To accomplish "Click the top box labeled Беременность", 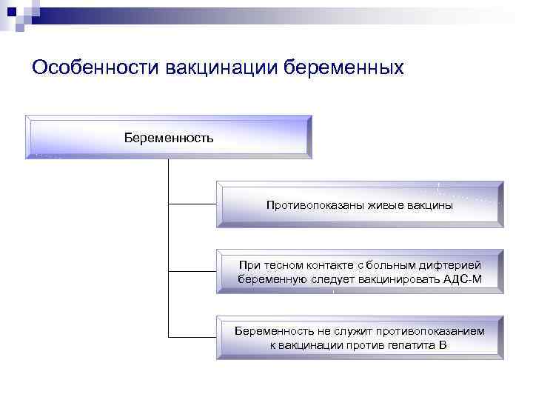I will point(169,137).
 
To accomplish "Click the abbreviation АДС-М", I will point(462,279).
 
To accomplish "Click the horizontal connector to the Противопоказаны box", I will point(192,202).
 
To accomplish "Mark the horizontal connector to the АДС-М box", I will point(192,270).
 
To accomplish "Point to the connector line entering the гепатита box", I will point(192,338).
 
